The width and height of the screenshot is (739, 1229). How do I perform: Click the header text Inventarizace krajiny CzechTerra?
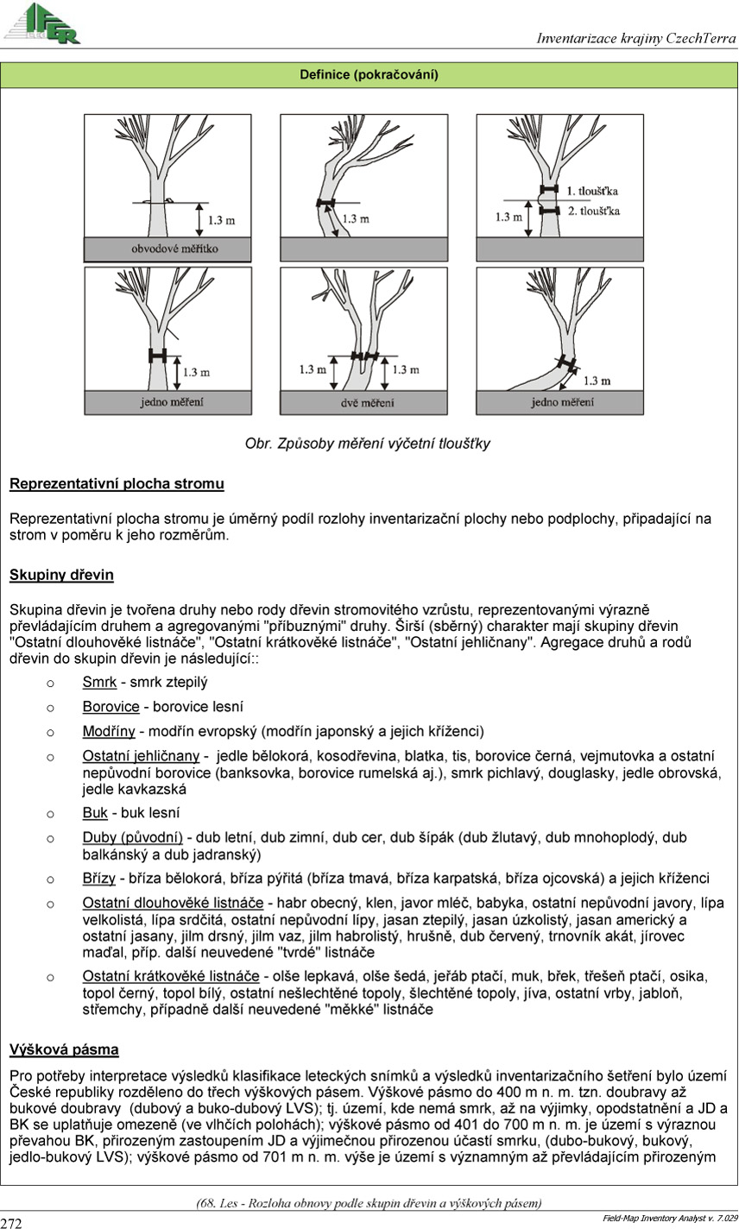point(635,38)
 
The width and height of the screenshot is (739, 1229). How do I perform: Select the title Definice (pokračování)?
point(369,75)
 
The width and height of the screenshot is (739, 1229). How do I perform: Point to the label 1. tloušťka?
point(591,190)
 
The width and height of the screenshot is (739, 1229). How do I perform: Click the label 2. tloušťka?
point(591,210)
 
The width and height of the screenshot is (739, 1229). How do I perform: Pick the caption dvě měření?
point(366,402)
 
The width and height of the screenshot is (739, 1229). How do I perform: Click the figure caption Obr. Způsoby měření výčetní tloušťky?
point(368,444)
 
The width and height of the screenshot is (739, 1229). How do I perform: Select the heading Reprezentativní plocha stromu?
point(117,484)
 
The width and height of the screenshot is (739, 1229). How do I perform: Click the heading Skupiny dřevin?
point(61,575)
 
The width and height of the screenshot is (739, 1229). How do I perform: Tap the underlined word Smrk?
point(99,683)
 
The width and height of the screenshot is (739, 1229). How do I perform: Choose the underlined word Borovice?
point(111,707)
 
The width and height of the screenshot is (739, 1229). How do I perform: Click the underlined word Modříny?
point(108,731)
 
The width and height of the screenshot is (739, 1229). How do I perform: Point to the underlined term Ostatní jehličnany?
point(141,756)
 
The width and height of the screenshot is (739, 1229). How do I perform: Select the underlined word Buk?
point(95,813)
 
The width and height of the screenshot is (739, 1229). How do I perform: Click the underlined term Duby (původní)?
point(132,837)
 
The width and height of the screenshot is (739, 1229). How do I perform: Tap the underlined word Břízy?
point(100,879)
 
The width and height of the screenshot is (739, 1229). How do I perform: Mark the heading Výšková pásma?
point(64,1050)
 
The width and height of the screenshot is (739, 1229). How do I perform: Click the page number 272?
point(12,1222)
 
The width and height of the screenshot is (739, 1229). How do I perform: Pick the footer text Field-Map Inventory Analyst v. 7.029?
point(669,1218)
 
